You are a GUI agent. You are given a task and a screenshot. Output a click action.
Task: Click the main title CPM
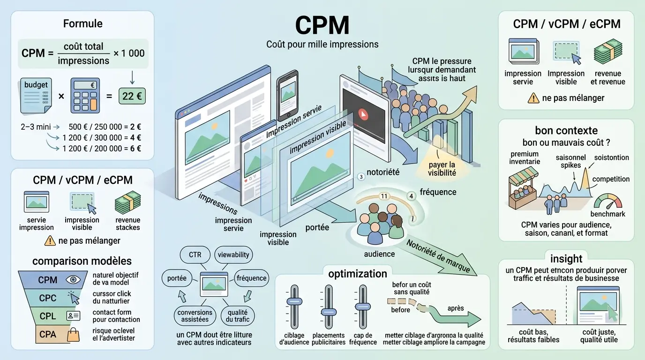tap(322, 26)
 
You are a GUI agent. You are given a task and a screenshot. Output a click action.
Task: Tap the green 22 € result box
tap(132, 96)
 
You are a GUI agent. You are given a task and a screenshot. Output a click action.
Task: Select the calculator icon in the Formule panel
tap(85, 96)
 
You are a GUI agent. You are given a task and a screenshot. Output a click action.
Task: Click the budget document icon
tap(37, 96)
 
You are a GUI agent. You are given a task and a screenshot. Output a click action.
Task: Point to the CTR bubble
tap(195, 255)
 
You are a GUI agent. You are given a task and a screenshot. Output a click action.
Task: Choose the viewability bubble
tap(233, 255)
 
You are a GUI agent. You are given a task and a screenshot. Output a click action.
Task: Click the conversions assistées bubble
tap(195, 316)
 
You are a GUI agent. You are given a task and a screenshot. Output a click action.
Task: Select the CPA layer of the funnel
tap(48, 334)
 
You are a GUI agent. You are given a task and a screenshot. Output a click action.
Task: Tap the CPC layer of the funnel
tap(48, 298)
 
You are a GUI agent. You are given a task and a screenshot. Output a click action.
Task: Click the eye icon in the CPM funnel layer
tap(73, 280)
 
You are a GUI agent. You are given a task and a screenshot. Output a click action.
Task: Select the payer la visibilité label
tap(442, 169)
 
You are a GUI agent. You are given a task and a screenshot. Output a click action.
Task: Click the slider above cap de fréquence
tap(361, 306)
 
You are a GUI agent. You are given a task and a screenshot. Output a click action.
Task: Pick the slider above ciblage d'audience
tap(294, 302)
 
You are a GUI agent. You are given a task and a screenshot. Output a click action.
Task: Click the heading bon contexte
tap(566, 130)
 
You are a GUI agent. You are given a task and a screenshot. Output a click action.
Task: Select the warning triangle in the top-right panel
tap(533, 98)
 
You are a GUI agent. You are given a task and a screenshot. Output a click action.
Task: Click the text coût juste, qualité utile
tap(599, 335)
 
